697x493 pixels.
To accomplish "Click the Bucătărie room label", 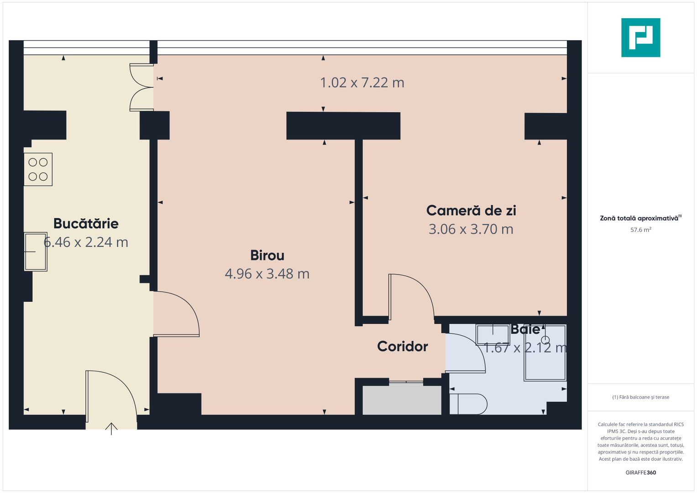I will pyautogui.click(x=86, y=223).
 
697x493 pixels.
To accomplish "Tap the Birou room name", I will pyautogui.click(x=267, y=255).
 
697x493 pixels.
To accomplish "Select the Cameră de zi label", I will pyautogui.click(x=471, y=210).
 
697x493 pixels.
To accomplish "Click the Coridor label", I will pyautogui.click(x=402, y=346).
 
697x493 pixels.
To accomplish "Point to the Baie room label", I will pyautogui.click(x=525, y=329).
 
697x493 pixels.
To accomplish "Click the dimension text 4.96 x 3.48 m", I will pyautogui.click(x=267, y=274).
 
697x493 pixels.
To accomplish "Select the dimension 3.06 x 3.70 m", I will pyautogui.click(x=471, y=229).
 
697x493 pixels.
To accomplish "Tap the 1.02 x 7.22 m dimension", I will pyautogui.click(x=362, y=83).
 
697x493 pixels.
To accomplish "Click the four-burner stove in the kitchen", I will pyautogui.click(x=38, y=169).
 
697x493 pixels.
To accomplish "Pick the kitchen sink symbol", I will pyautogui.click(x=36, y=252).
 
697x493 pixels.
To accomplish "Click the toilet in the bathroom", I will pyautogui.click(x=468, y=404).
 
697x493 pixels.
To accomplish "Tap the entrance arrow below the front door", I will pyautogui.click(x=111, y=429).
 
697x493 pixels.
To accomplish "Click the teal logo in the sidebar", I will pyautogui.click(x=640, y=37).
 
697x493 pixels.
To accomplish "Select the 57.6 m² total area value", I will pyautogui.click(x=640, y=230).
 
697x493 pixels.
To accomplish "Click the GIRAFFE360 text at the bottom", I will pyautogui.click(x=640, y=472).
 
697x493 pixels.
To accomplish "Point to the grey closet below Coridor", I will pyautogui.click(x=402, y=400).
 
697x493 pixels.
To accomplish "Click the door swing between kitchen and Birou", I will pyautogui.click(x=176, y=314).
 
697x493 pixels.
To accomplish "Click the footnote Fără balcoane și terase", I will pyautogui.click(x=640, y=397).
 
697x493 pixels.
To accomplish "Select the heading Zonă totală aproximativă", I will pyautogui.click(x=639, y=218).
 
